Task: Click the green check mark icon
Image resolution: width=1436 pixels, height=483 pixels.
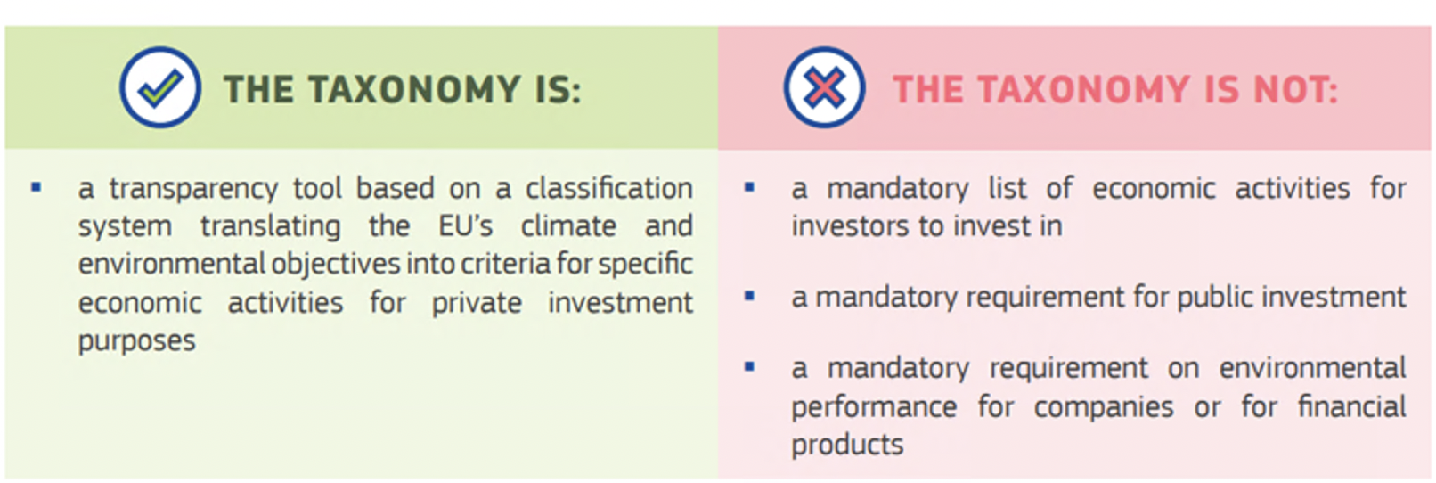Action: pos(160,87)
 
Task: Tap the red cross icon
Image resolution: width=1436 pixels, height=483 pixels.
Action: pos(824,87)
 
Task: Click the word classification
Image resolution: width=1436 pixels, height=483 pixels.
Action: pos(609,189)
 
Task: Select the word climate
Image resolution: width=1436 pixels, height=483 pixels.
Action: pos(568,226)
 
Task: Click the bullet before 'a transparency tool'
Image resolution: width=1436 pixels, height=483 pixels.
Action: pos(36,187)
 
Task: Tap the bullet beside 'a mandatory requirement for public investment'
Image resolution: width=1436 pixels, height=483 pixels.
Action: pos(749,296)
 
